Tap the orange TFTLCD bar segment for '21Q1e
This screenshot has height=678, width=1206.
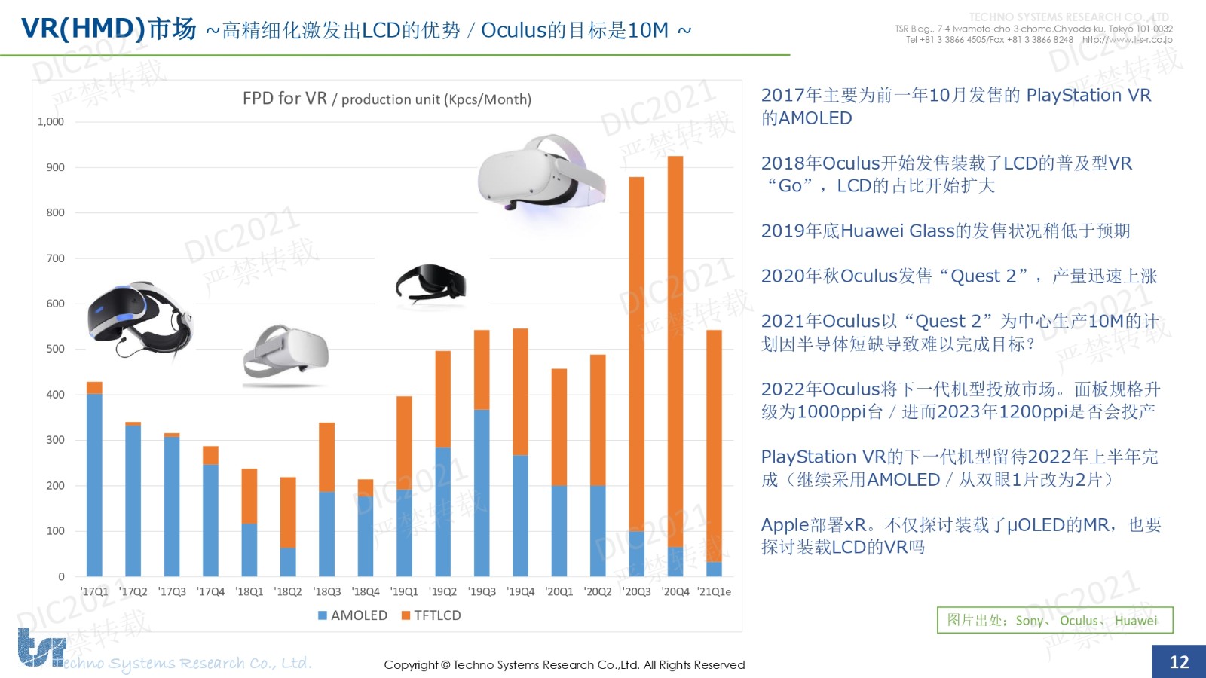[714, 445]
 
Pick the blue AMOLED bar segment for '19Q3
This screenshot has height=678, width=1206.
[482, 493]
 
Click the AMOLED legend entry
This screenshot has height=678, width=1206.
[352, 615]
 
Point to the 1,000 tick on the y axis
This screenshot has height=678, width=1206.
[51, 121]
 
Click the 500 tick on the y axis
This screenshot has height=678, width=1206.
[55, 349]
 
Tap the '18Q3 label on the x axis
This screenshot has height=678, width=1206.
[327, 592]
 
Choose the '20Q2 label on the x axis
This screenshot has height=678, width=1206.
[598, 592]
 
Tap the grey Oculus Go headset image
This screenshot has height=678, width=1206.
[286, 354]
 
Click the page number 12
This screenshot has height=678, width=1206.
[1179, 661]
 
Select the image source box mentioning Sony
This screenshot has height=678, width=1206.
[1054, 620]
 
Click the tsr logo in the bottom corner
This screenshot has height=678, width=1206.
[41, 649]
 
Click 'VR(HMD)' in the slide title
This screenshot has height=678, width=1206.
[83, 29]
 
